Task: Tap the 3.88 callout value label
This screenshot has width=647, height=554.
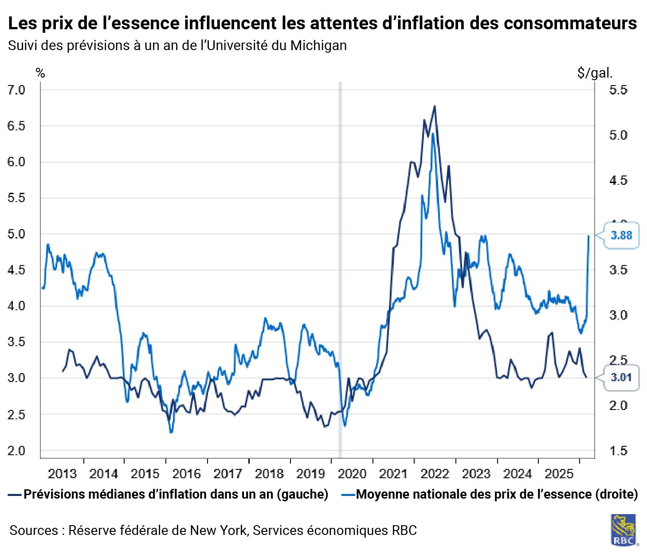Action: point(621,235)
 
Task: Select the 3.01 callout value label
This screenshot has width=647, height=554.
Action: point(621,378)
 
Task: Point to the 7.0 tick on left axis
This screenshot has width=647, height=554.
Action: point(17,90)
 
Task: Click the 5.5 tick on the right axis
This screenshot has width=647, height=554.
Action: point(618,90)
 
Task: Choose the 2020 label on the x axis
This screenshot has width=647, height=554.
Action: point(352,474)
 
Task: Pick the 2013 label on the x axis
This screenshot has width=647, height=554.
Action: point(62,474)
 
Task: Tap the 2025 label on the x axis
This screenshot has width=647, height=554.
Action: point(559,474)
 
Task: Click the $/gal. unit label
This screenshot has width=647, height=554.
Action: point(595,73)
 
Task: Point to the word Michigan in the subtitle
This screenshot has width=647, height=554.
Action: point(318,45)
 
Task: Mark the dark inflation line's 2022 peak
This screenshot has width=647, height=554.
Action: point(435,106)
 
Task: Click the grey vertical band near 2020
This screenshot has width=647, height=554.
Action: point(340,266)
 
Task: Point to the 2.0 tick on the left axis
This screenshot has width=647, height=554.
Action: point(17,451)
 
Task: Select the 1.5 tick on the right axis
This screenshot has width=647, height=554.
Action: point(618,451)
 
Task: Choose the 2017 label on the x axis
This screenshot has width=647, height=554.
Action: point(227,474)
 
